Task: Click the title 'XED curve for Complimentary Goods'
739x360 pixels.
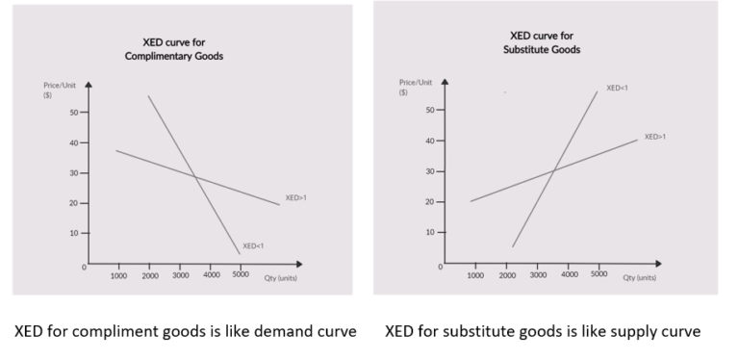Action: point(173,49)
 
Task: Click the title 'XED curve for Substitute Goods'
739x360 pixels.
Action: point(542,42)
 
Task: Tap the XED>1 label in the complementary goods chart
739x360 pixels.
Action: point(295,197)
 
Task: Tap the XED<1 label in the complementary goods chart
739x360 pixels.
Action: point(253,245)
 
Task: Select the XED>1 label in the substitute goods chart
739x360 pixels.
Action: point(654,137)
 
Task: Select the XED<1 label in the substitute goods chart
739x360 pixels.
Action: point(617,89)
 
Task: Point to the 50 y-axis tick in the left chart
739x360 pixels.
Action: point(73,113)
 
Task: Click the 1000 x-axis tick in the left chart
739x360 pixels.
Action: point(119,276)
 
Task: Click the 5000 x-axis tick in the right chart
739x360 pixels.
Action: point(599,275)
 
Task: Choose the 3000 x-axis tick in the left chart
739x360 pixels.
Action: point(180,276)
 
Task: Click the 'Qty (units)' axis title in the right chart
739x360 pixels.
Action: point(639,277)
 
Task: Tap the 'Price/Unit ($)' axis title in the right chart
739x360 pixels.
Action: point(416,87)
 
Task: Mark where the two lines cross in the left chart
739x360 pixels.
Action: point(195,176)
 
